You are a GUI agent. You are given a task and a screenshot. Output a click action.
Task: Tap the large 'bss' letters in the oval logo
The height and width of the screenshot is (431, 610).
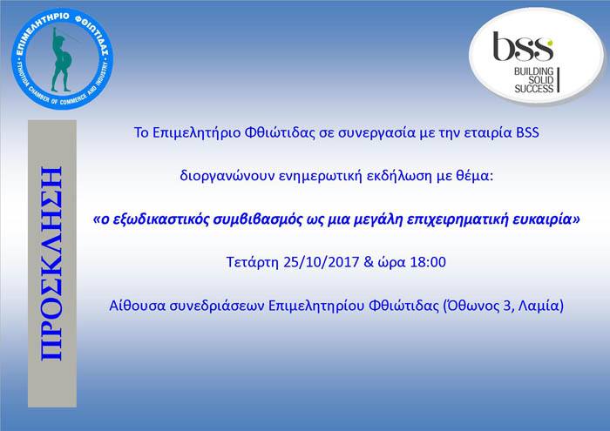523,47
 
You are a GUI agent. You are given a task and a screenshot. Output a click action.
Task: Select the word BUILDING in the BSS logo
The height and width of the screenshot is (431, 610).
533,71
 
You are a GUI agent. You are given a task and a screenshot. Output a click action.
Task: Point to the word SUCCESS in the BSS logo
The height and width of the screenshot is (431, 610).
533,89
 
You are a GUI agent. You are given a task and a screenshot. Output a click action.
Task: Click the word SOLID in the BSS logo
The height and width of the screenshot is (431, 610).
541,80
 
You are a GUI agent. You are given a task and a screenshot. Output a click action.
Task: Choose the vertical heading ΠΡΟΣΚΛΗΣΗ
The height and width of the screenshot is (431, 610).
51,264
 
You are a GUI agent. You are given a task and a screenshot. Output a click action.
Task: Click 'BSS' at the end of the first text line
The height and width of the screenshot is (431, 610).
527,132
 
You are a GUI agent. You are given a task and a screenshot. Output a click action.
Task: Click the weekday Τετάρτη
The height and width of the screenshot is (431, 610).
252,262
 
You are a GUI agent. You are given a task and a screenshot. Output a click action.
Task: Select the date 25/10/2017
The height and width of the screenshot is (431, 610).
321,262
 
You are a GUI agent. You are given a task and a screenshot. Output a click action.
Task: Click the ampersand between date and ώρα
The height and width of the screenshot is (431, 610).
369,262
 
